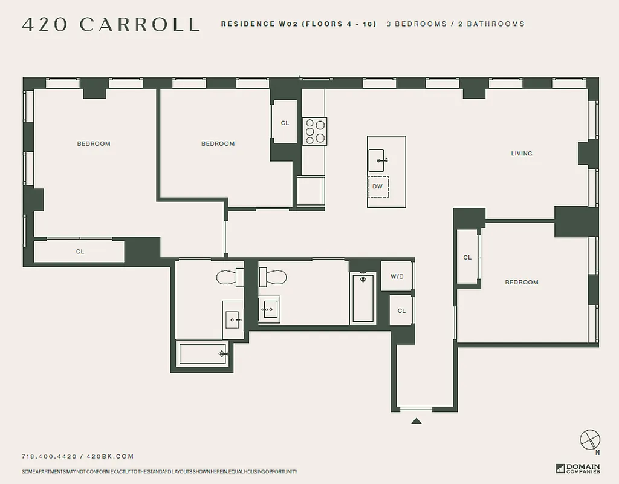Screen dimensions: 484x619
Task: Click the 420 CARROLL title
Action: [x=111, y=24]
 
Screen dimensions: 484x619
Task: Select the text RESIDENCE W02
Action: [x=256, y=24]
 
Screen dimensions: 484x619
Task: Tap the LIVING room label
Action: [x=522, y=154]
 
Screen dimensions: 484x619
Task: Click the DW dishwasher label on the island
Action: [x=378, y=186]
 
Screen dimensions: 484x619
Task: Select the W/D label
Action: [x=397, y=276]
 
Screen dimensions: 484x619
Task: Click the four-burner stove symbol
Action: [x=315, y=131]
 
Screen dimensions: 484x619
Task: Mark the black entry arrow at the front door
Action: [x=416, y=420]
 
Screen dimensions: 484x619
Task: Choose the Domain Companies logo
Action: [x=578, y=468]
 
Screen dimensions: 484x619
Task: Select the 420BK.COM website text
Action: [x=110, y=457]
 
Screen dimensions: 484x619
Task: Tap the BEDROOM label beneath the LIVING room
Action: [x=522, y=283]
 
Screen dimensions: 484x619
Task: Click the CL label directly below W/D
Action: [x=401, y=311]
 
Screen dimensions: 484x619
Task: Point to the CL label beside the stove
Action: [x=285, y=123]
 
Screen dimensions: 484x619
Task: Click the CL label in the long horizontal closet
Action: [x=80, y=252]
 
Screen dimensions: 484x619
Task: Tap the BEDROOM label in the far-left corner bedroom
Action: [x=94, y=144]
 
